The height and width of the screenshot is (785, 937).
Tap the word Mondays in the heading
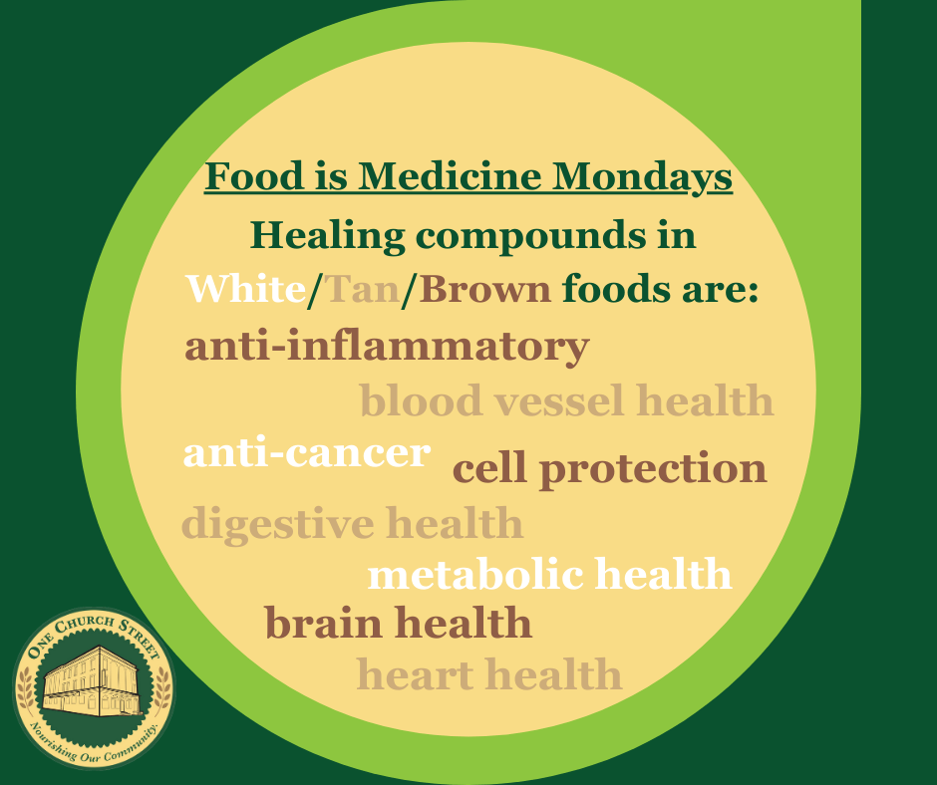point(642,177)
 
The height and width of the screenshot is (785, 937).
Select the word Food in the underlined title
point(254,176)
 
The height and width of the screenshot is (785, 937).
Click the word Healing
point(328,236)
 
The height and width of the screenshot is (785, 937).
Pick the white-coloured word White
point(245,289)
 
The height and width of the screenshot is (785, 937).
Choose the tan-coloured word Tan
point(362,289)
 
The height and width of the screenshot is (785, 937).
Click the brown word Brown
point(484,289)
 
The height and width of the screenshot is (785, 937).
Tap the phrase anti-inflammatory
point(387,347)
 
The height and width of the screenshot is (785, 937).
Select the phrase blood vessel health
point(566,400)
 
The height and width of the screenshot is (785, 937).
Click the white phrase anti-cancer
point(307,453)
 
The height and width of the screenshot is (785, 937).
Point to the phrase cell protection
point(609,469)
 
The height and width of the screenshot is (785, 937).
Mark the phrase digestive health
point(352,523)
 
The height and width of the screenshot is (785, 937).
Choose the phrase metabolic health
point(550,574)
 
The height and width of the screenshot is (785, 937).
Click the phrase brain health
point(398,623)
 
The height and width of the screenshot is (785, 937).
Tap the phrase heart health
point(488,673)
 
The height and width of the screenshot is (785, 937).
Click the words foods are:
point(660,289)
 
